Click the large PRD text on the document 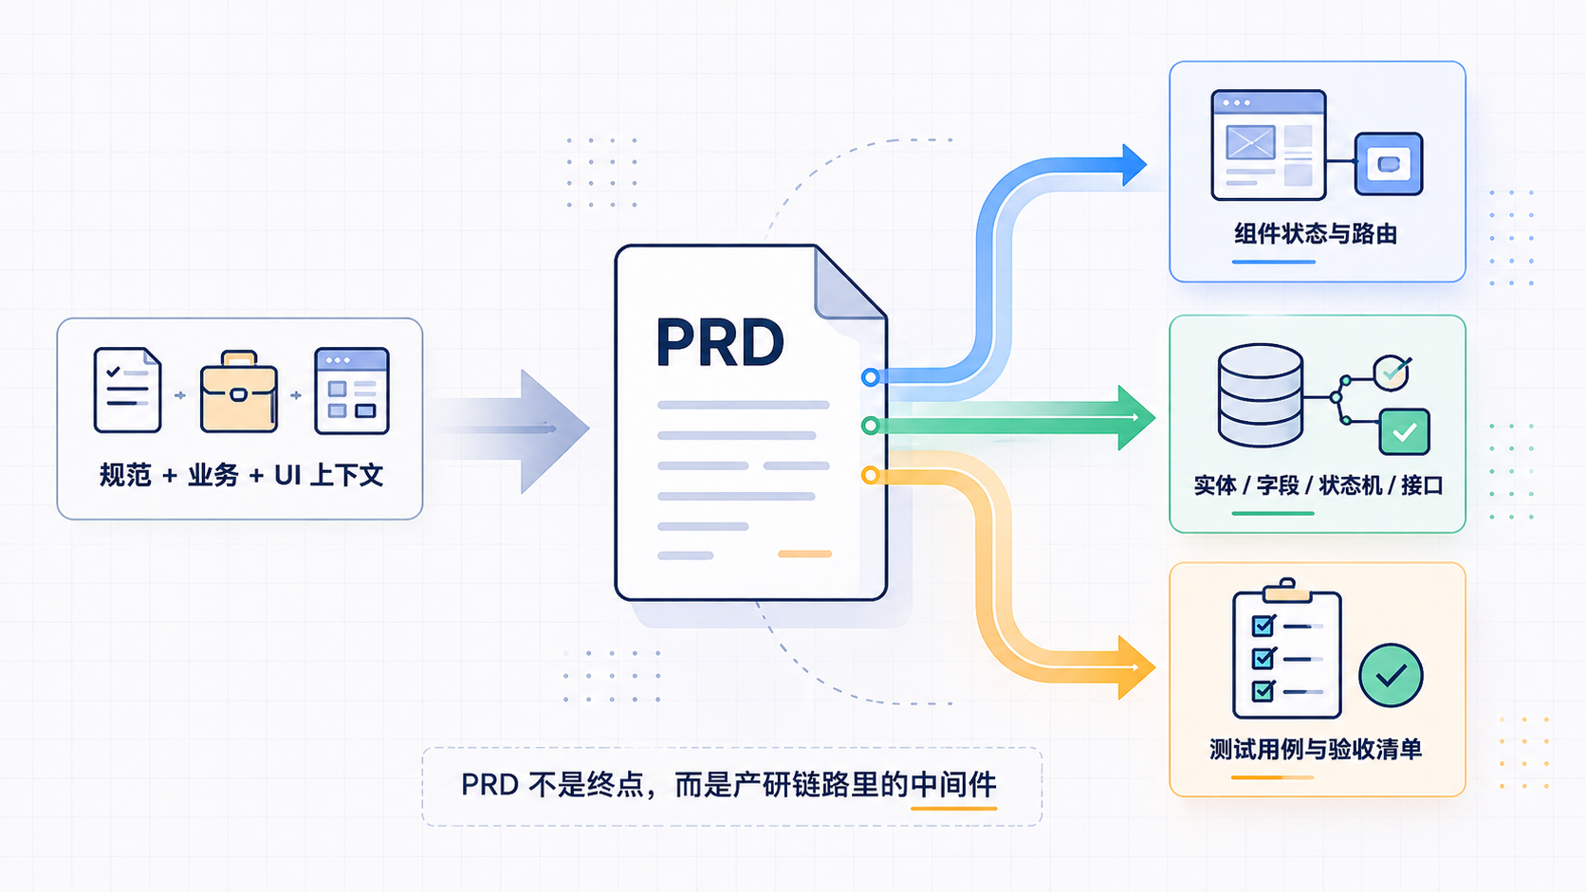pyautogui.click(x=720, y=342)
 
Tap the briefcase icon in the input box pyautogui.click(x=238, y=392)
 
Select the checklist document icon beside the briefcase pyautogui.click(x=127, y=390)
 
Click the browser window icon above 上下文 pyautogui.click(x=351, y=391)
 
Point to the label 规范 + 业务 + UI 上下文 pyautogui.click(x=241, y=475)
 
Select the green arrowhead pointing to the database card pyautogui.click(x=1134, y=417)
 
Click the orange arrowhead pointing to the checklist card pyautogui.click(x=1134, y=667)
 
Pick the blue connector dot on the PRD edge pyautogui.click(x=870, y=377)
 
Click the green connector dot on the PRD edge pyautogui.click(x=870, y=426)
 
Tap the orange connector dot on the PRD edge pyautogui.click(x=870, y=475)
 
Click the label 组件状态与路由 pyautogui.click(x=1316, y=234)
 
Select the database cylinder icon pyautogui.click(x=1260, y=394)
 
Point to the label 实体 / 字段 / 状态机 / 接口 pyautogui.click(x=1318, y=485)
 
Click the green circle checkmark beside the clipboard pyautogui.click(x=1391, y=676)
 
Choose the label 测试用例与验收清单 pyautogui.click(x=1316, y=749)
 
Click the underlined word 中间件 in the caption pyautogui.click(x=953, y=785)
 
